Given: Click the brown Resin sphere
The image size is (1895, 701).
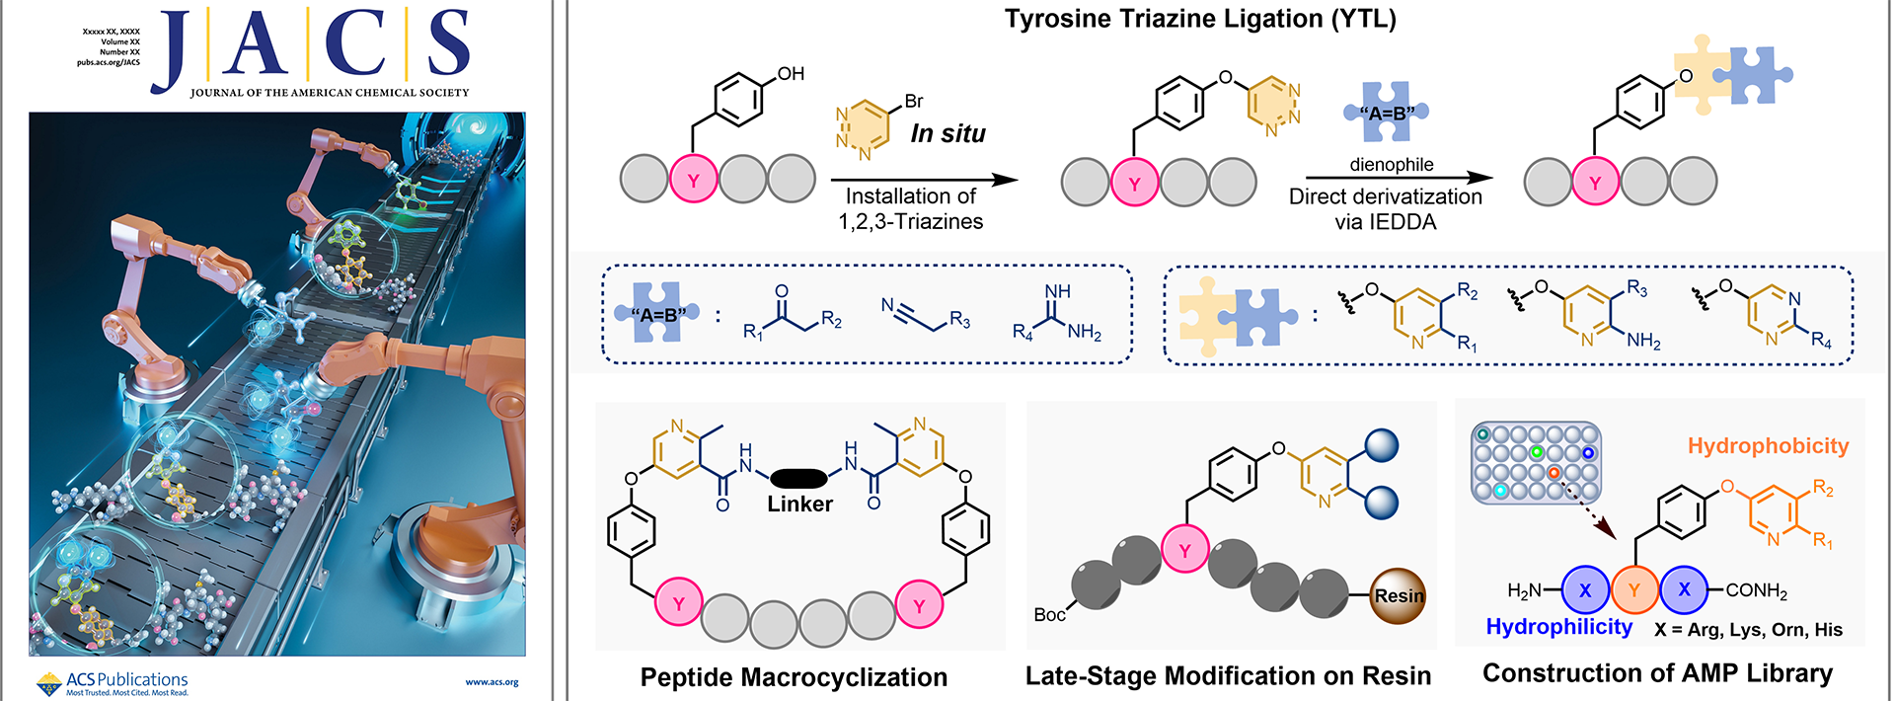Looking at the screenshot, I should (1399, 596).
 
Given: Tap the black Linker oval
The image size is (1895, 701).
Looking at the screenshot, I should (798, 479).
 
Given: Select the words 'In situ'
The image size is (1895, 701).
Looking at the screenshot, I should (947, 134).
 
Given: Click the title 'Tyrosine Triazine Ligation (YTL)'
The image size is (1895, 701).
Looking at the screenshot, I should (1200, 20).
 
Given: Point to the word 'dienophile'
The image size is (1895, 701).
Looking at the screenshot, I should (1392, 165).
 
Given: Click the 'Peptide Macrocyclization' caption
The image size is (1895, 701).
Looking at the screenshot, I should (794, 677).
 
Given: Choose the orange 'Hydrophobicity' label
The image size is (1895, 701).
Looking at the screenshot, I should (1768, 446).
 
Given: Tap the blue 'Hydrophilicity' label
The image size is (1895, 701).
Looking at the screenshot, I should (1558, 627).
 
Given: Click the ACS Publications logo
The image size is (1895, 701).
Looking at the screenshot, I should (112, 682).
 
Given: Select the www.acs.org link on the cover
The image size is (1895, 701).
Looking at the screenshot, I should (492, 682).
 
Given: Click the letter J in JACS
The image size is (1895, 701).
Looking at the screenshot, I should (175, 49).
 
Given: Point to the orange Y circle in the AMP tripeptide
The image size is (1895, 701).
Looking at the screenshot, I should (1634, 590).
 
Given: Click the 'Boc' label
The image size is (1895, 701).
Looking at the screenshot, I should (1049, 615).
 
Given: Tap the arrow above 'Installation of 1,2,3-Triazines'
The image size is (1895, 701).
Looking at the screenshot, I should (924, 180).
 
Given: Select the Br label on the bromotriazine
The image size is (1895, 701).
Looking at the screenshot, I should (914, 101).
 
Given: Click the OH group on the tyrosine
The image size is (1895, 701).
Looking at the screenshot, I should (791, 74).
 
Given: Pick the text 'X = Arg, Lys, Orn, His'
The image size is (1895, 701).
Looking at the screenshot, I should (1748, 630).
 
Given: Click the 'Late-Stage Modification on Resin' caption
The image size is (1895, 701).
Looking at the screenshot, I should (1228, 676).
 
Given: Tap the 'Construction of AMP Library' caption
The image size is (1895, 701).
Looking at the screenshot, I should (1657, 673).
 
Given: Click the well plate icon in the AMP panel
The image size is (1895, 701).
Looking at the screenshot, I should (1536, 463).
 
